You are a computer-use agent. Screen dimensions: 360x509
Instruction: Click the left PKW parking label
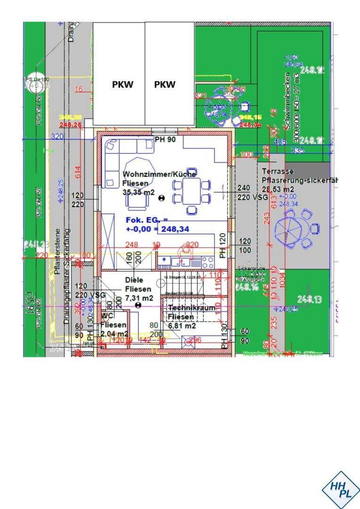[123, 85]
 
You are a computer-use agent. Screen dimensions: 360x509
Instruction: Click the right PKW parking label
[165, 85]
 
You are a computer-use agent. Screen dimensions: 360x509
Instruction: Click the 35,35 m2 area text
[139, 192]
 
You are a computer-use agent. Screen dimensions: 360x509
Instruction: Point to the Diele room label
[134, 280]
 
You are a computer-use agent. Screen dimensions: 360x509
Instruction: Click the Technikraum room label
[191, 308]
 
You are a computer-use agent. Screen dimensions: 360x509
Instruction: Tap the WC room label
[107, 315]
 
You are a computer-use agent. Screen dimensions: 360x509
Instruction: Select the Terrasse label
[278, 172]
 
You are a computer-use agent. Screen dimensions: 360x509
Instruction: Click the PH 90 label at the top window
[165, 140]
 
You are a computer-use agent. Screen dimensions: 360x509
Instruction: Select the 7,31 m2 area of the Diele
[139, 298]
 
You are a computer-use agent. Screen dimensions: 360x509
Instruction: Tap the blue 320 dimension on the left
[57, 136]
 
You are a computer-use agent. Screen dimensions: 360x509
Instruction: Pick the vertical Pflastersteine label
[57, 254]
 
